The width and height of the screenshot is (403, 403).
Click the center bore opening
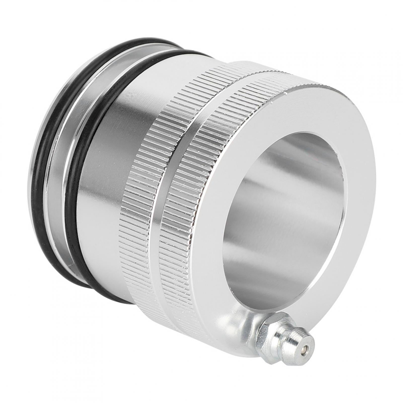pos(284,201)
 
